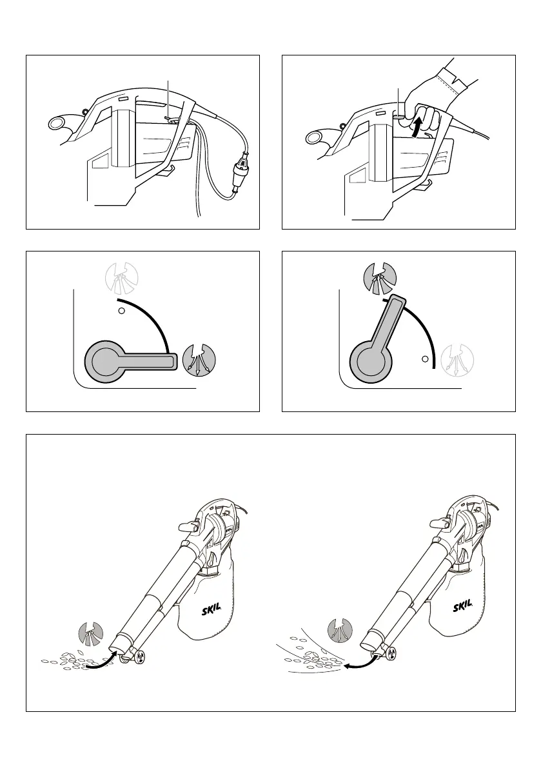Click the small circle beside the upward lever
click(424, 358)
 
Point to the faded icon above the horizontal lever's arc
click(122, 276)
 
